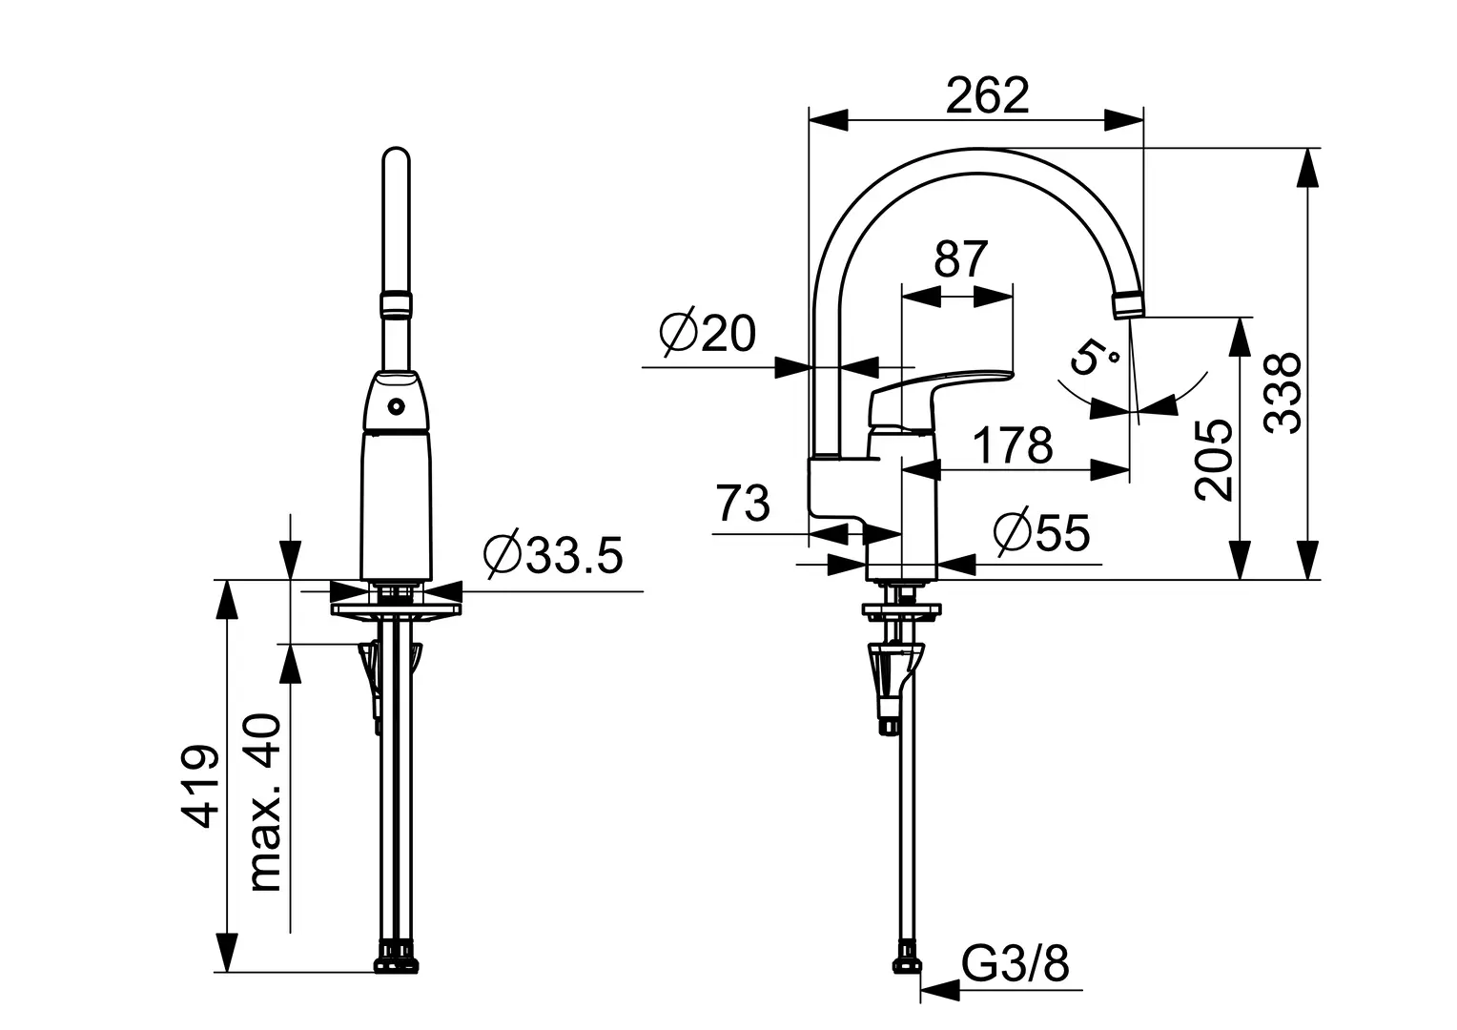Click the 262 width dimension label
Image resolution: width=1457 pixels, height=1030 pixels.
pyautogui.click(x=987, y=96)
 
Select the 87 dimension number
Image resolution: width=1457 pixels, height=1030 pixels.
pyautogui.click(x=960, y=258)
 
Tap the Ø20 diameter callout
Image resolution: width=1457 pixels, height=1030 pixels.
pyautogui.click(x=708, y=334)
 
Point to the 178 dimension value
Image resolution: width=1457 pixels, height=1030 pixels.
pyautogui.click(x=1013, y=444)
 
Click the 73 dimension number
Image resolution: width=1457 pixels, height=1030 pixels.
pyautogui.click(x=743, y=504)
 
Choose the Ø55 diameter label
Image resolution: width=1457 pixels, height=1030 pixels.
pyautogui.click(x=1040, y=533)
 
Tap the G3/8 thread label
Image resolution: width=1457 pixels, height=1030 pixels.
pyautogui.click(x=1016, y=965)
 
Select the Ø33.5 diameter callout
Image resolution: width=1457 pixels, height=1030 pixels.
pyautogui.click(x=553, y=556)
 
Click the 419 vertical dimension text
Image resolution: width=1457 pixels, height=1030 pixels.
pyautogui.click(x=201, y=786)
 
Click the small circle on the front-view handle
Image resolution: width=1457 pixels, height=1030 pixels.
pyautogui.click(x=396, y=406)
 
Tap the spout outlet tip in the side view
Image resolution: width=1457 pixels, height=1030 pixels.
pyautogui.click(x=1129, y=306)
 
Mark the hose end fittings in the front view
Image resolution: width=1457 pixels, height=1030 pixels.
pyautogui.click(x=398, y=956)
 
